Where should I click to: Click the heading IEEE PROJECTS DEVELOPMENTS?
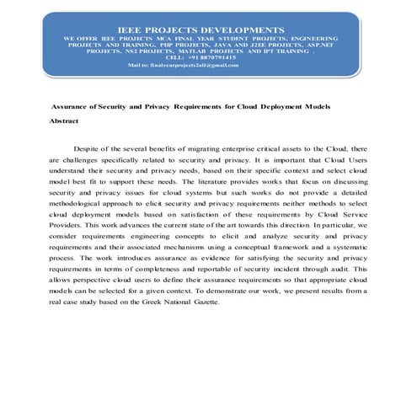(206, 28)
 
